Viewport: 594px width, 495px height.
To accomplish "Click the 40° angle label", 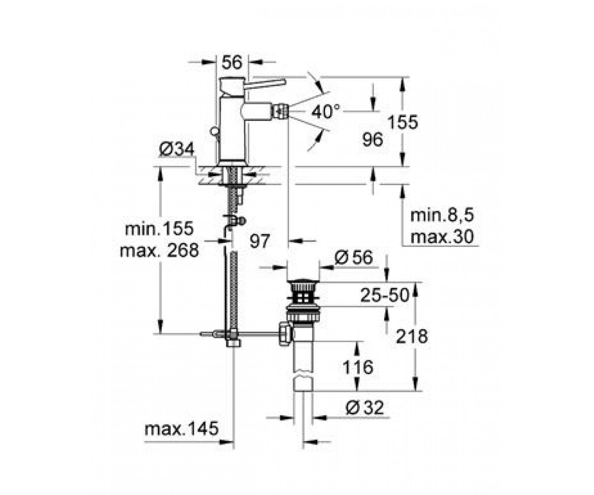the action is tap(326, 111).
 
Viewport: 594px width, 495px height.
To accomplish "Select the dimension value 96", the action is tap(373, 140).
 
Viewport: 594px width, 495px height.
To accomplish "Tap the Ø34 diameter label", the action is tap(176, 149).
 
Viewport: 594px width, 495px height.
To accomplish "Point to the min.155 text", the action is tap(159, 228).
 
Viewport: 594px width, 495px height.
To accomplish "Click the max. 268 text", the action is tap(159, 250).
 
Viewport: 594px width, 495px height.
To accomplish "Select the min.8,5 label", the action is tap(443, 215).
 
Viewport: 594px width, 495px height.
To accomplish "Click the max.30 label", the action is tap(443, 237).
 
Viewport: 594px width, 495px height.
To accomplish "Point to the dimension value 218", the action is tap(412, 336).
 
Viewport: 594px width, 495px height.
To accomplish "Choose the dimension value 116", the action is tap(357, 367).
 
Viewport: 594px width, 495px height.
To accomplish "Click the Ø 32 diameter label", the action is tap(365, 408).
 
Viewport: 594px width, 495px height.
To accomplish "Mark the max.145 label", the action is tap(182, 429).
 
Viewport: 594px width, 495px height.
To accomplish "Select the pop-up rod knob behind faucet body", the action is tap(214, 132).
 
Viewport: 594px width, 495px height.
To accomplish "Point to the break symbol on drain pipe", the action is tap(303, 375).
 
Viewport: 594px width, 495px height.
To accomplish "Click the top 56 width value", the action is tap(232, 62).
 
